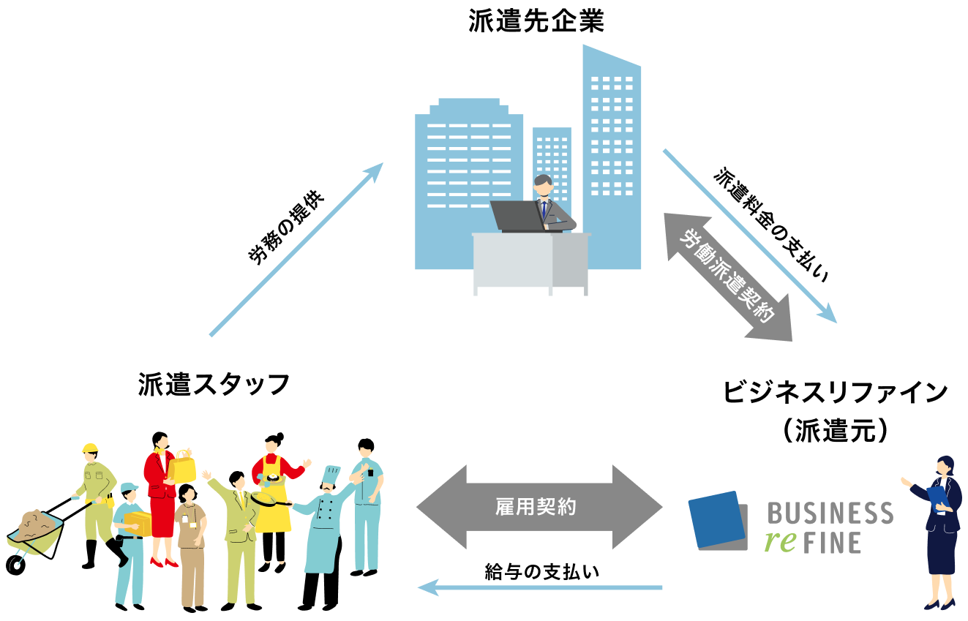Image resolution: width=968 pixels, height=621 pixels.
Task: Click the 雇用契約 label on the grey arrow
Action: coord(536,507)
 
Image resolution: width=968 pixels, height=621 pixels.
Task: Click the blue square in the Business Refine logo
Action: coord(716,519)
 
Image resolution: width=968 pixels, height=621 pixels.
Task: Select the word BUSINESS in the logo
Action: coord(830,514)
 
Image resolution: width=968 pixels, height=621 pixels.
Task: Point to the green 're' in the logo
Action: coord(780,542)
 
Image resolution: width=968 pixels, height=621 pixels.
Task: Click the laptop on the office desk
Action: coord(517,215)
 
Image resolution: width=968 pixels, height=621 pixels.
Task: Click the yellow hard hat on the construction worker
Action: coord(90,448)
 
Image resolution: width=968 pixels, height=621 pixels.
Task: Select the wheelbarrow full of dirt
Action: coord(34,532)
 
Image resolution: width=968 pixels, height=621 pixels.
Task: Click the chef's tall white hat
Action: coord(331,475)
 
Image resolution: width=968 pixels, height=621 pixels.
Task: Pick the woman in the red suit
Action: coord(160,497)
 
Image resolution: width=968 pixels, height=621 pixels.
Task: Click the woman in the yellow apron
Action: coord(272,497)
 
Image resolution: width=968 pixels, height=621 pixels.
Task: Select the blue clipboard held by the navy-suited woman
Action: coord(937,497)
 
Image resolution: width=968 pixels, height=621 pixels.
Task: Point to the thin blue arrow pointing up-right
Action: coord(296,249)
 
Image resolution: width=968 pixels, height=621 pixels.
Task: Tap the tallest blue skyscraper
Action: coord(612,154)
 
